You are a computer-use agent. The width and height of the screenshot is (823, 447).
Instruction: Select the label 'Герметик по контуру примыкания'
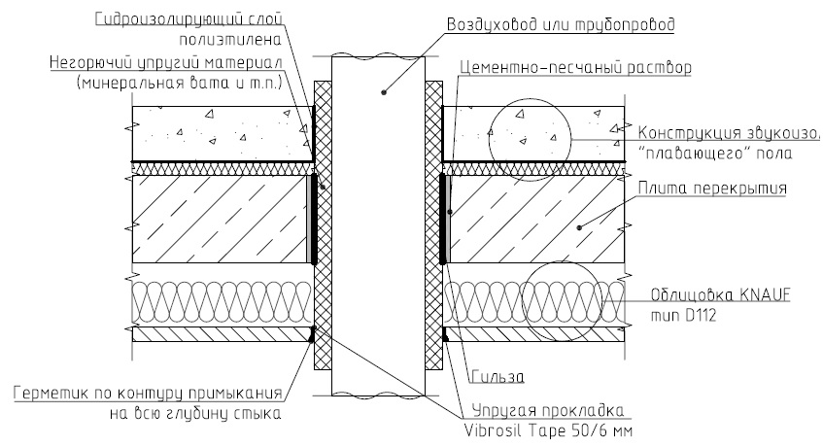pos(149,395)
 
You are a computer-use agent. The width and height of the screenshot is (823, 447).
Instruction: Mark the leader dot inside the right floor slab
pos(578,227)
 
